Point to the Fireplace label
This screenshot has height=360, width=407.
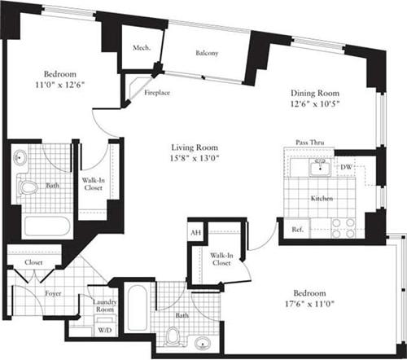point(156,93)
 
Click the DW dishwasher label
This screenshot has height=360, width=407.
point(345,168)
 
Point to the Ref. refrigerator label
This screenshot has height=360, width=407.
point(297,230)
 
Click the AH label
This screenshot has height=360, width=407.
point(195,233)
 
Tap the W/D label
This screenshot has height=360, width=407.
point(104,330)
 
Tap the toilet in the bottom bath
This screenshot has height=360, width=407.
point(173,336)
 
